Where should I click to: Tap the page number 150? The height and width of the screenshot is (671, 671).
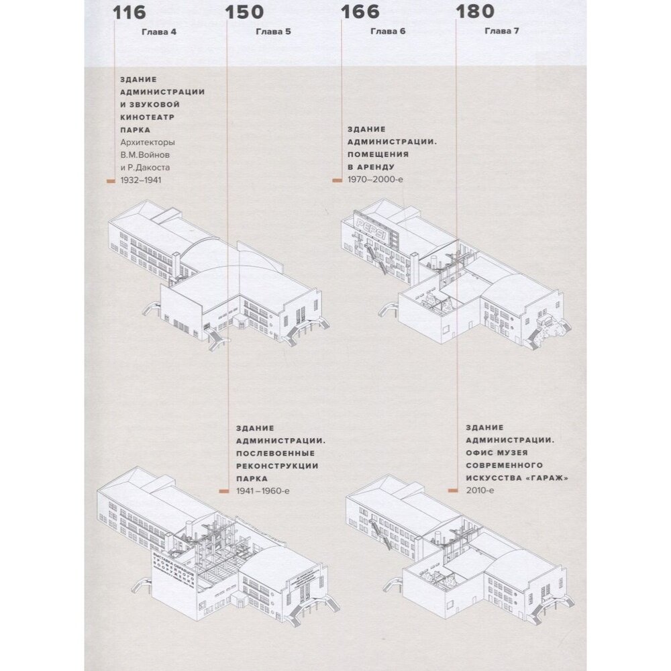(244, 12)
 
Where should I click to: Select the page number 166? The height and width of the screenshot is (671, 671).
(360, 12)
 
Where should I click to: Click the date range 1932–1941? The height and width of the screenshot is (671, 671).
(141, 180)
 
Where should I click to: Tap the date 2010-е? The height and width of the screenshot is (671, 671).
(479, 492)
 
